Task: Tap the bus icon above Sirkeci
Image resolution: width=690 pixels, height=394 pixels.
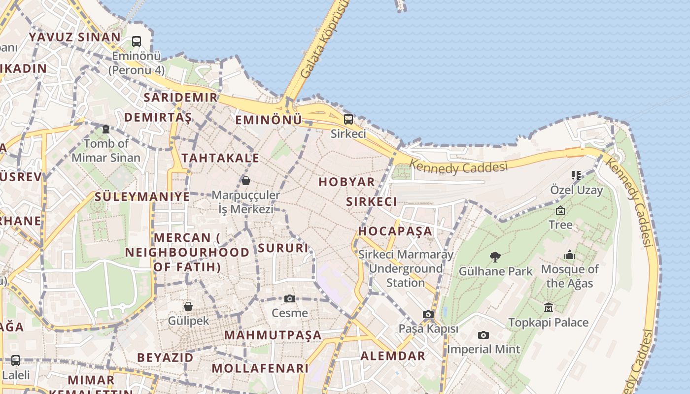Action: [348, 119]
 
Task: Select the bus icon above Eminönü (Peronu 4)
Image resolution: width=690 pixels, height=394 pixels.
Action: [137, 41]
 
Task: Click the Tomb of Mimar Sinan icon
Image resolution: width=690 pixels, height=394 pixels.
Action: [106, 129]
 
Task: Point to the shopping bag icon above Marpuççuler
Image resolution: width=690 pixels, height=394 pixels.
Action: [245, 181]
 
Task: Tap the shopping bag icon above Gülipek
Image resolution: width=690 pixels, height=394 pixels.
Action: [188, 306]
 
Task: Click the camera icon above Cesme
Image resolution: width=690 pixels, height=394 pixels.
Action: [290, 298]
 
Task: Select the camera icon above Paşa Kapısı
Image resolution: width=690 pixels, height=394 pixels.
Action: [428, 314]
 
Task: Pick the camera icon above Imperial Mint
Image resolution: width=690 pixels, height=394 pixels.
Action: [483, 335]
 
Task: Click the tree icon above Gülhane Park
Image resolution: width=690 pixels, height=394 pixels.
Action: [495, 257]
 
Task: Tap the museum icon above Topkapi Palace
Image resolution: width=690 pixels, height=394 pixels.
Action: [549, 308]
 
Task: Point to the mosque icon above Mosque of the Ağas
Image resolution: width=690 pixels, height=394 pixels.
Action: [570, 255]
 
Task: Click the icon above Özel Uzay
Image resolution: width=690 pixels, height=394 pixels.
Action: [576, 175]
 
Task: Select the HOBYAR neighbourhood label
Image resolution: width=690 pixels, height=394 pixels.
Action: [346, 182]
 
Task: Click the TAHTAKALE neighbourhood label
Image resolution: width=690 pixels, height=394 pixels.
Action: [220, 158]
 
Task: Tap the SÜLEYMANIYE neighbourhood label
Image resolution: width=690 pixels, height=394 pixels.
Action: [142, 197]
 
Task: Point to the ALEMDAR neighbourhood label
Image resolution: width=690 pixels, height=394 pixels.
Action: [393, 356]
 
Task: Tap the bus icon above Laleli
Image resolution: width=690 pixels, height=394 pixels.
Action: [15, 360]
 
